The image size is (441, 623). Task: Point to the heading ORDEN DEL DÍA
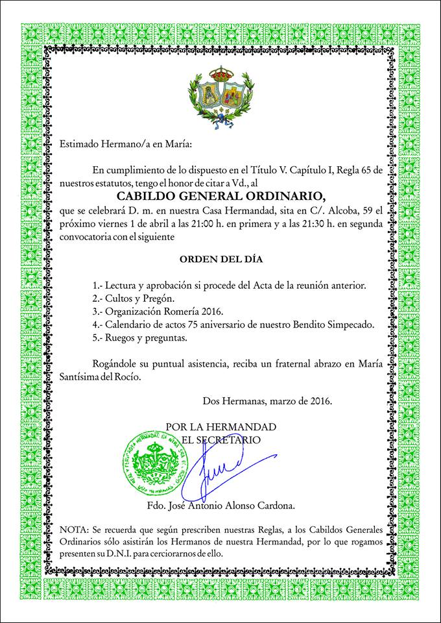coord(221,260)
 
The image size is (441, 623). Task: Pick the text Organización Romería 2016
coord(161,311)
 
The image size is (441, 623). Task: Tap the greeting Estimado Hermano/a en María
coord(126,143)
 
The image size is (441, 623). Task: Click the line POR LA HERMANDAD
coord(220,427)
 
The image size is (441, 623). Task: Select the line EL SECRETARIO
coord(220,439)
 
